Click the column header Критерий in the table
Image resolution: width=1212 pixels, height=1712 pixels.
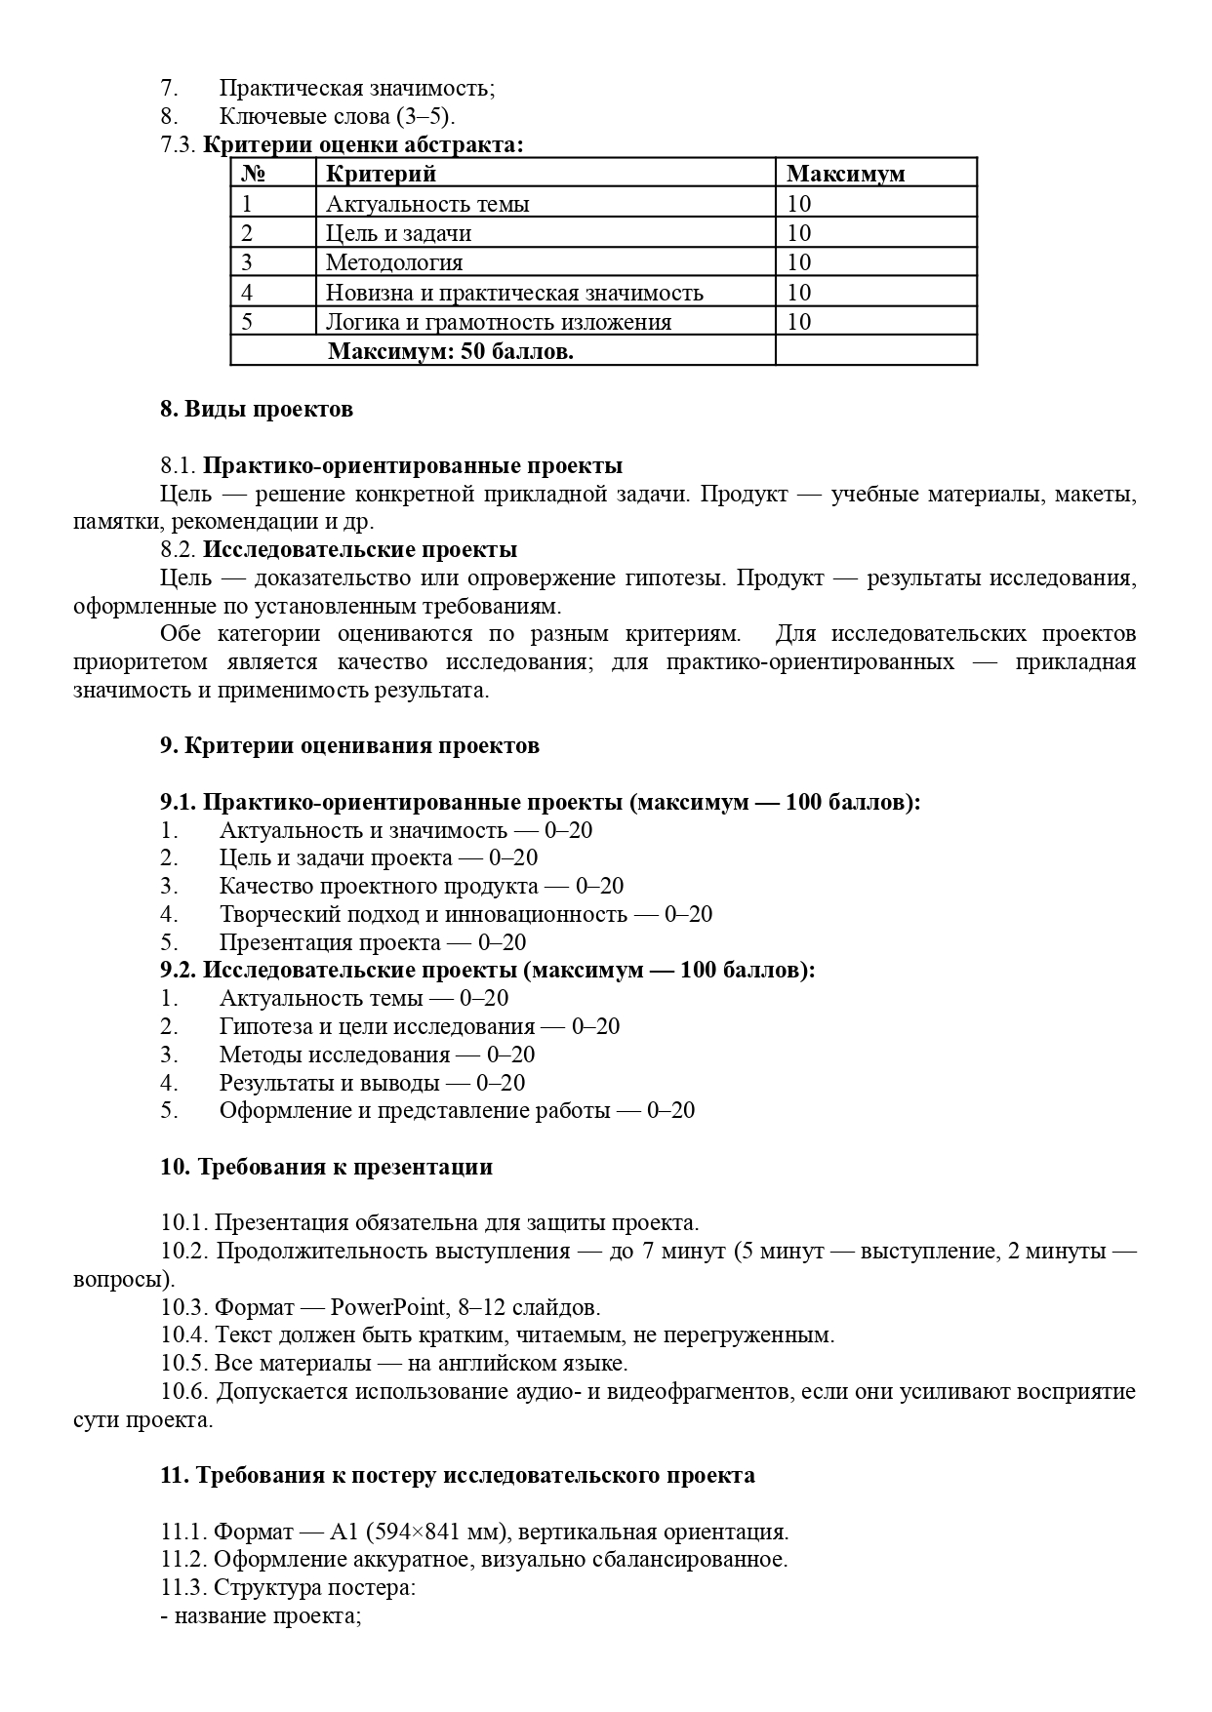click(381, 175)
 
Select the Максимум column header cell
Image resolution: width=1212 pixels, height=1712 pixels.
click(845, 175)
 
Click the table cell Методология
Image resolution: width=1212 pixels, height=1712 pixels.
click(394, 262)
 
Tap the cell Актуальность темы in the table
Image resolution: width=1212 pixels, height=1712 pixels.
click(427, 204)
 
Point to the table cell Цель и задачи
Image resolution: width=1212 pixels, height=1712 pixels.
click(398, 233)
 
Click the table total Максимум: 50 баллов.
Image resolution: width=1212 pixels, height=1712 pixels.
click(450, 351)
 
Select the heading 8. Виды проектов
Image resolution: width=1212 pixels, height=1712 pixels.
click(257, 409)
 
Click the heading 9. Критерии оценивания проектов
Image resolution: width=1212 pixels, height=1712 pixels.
click(349, 746)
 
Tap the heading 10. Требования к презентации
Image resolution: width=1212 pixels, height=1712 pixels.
click(326, 1168)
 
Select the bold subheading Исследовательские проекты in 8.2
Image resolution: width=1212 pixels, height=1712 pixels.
click(360, 550)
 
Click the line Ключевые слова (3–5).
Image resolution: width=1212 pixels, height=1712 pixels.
click(337, 116)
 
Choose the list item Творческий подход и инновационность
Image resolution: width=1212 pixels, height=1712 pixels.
click(423, 915)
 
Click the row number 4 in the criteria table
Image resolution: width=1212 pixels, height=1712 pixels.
click(247, 293)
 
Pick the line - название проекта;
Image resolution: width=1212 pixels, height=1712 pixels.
click(262, 1616)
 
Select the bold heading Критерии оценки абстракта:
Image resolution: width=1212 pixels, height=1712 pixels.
click(363, 145)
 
